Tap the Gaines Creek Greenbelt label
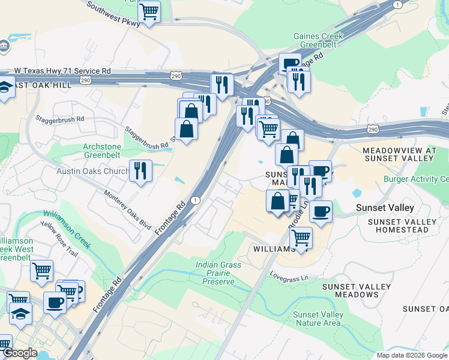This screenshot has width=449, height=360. [318, 40]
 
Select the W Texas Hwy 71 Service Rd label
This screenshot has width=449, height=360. [62, 71]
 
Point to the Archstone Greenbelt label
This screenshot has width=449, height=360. [102, 151]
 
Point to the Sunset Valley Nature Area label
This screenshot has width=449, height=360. [318, 319]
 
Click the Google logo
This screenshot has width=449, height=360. [20, 353]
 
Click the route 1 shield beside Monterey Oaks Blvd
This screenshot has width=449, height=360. [195, 200]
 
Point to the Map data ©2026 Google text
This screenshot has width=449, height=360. [411, 355]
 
